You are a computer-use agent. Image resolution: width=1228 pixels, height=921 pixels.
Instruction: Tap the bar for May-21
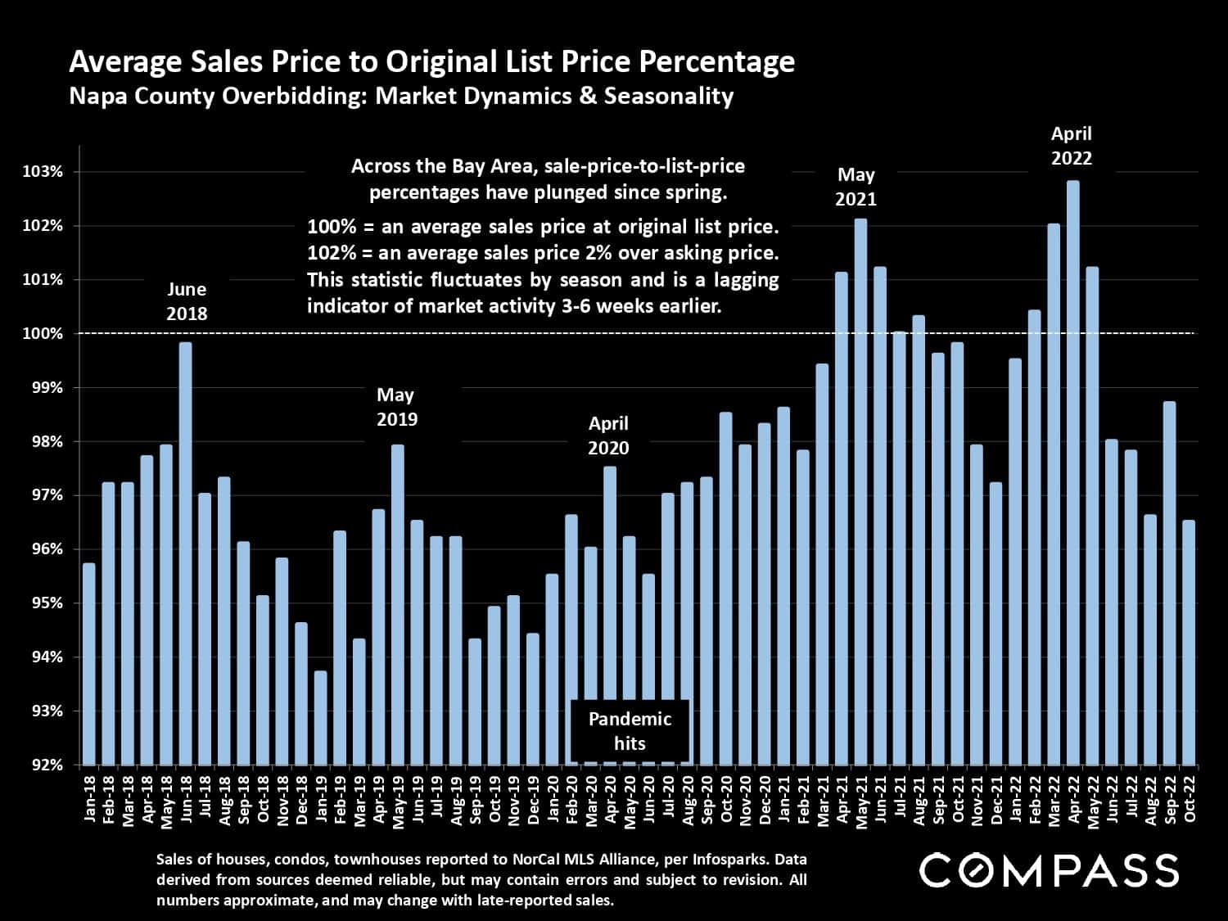(x=860, y=491)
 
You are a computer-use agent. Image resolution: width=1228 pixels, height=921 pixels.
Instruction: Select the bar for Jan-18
(x=89, y=664)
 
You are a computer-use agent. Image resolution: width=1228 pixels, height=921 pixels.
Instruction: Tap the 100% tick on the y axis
(x=43, y=334)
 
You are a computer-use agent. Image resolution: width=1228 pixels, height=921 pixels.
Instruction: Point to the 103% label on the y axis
(x=43, y=172)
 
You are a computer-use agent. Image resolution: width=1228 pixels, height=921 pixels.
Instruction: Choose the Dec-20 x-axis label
(x=765, y=801)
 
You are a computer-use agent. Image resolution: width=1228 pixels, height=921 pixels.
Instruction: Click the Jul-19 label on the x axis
(x=437, y=801)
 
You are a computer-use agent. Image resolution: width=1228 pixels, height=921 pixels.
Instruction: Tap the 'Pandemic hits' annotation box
(x=630, y=731)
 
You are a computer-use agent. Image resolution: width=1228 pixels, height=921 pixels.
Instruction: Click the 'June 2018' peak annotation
(x=187, y=301)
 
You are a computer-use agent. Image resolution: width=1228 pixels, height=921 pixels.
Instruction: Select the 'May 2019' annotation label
(x=397, y=407)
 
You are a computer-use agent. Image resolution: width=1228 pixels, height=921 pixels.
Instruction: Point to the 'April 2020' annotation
(x=609, y=436)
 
